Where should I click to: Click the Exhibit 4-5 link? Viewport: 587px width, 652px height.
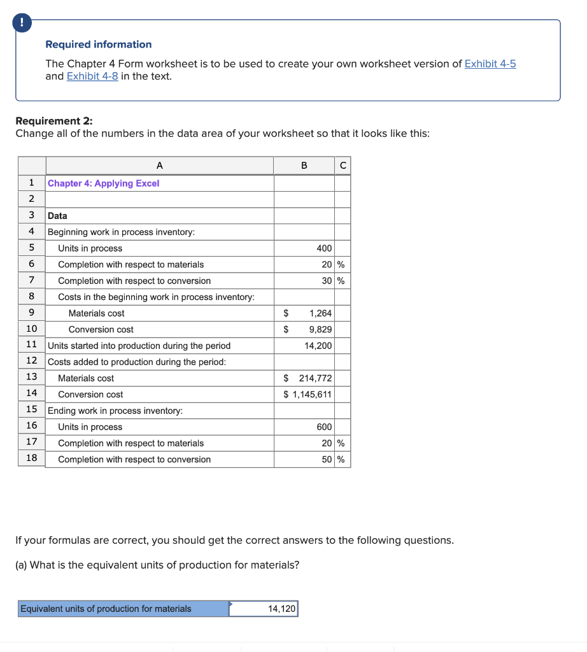tap(490, 64)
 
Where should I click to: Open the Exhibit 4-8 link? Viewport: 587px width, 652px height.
tap(92, 76)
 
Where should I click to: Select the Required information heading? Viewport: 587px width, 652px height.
tap(98, 45)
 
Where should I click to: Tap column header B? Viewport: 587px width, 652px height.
tap(304, 166)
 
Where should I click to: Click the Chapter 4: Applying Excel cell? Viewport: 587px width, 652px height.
tap(104, 183)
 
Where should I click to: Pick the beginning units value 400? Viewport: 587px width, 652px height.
tap(323, 248)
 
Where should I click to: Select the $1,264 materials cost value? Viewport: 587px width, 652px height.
tap(320, 313)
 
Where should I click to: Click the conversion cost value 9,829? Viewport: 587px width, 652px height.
tap(320, 329)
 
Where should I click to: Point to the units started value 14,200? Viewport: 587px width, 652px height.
tap(318, 346)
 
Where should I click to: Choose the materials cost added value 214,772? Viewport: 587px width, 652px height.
tap(315, 378)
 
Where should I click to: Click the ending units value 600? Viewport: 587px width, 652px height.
tap(323, 427)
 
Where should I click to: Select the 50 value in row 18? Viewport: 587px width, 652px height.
tap(327, 459)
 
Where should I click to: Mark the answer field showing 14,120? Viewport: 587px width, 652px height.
tap(264, 609)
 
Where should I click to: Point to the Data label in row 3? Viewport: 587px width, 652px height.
tap(57, 216)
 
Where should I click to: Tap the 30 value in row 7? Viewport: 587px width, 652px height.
tap(327, 281)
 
